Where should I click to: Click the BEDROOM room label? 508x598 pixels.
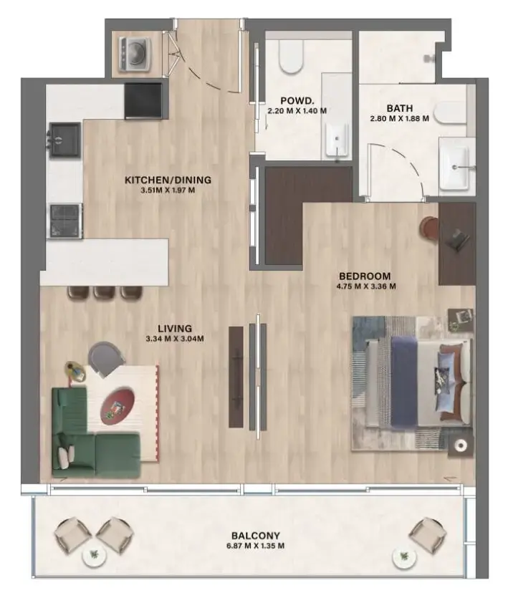click(x=365, y=276)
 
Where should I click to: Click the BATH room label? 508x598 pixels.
click(x=399, y=110)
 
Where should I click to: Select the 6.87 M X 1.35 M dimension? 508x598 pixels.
click(x=255, y=546)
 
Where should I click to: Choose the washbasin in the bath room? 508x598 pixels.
click(x=455, y=167)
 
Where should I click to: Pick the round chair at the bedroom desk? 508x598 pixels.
click(x=429, y=227)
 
